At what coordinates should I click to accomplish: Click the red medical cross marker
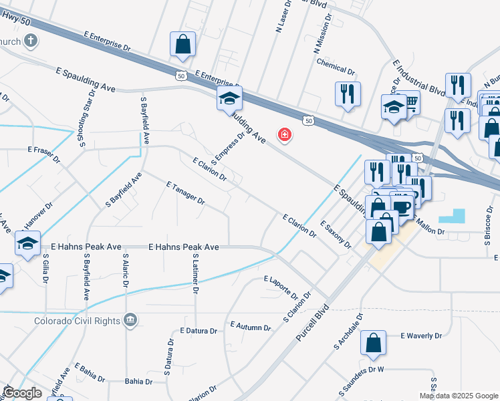(x=285, y=136)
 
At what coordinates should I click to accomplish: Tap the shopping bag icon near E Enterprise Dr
(x=182, y=45)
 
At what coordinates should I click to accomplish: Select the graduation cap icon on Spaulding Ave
(x=229, y=99)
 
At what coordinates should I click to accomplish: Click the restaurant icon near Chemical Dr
(x=348, y=94)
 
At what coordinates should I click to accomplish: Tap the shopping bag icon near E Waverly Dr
(x=373, y=344)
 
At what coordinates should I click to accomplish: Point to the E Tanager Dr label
(x=185, y=192)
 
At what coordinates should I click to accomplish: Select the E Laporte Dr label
(x=281, y=286)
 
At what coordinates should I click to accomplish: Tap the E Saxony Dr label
(x=336, y=235)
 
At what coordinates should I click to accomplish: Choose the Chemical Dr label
(x=336, y=69)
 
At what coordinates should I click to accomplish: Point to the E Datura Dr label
(x=199, y=331)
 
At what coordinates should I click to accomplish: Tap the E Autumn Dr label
(x=250, y=327)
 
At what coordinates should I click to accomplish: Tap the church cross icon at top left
(x=29, y=41)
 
